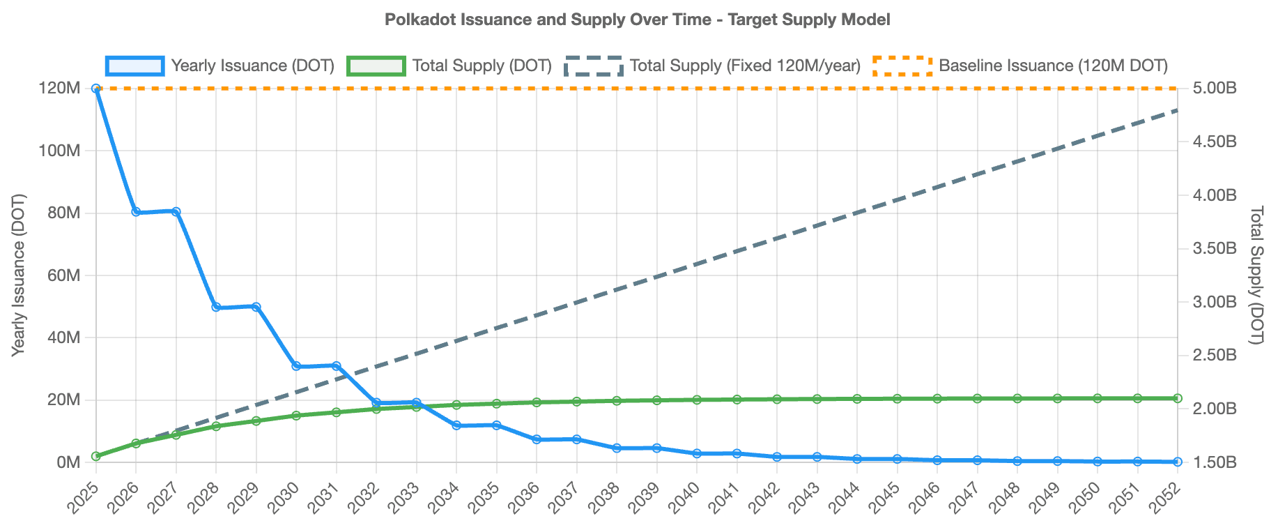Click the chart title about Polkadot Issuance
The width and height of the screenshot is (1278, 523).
(637, 20)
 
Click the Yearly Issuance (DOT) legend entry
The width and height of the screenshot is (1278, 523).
(220, 66)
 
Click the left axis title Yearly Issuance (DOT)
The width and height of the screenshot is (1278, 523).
(19, 275)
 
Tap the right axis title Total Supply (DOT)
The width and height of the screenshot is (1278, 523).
(1256, 275)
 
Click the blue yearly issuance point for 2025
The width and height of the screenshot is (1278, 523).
(95, 89)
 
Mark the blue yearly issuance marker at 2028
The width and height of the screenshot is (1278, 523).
(216, 307)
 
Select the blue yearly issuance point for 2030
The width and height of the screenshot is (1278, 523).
(296, 366)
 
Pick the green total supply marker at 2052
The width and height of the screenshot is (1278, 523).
(1178, 398)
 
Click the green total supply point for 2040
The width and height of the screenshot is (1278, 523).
(697, 400)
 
